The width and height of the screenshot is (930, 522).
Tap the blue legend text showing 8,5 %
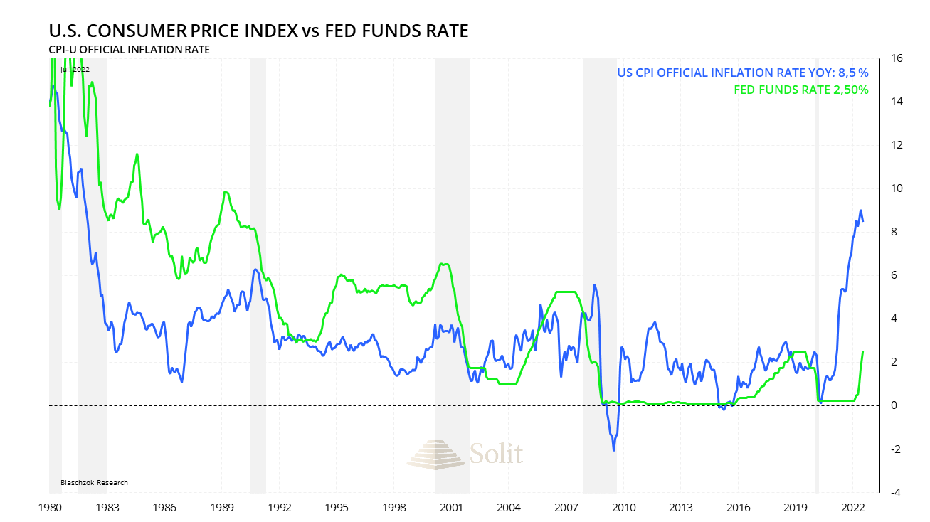(x=742, y=73)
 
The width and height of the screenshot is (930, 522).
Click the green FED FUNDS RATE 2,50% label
(x=800, y=90)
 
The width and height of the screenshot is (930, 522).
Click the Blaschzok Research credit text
(x=95, y=483)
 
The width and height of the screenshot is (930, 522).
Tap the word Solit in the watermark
(x=496, y=453)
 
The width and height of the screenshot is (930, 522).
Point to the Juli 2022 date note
(x=75, y=69)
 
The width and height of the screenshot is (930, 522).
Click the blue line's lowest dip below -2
(x=613, y=450)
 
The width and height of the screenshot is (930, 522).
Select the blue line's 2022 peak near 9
(x=861, y=211)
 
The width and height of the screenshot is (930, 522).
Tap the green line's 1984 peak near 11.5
(x=137, y=154)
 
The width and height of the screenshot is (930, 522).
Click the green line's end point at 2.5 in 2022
(x=863, y=351)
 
